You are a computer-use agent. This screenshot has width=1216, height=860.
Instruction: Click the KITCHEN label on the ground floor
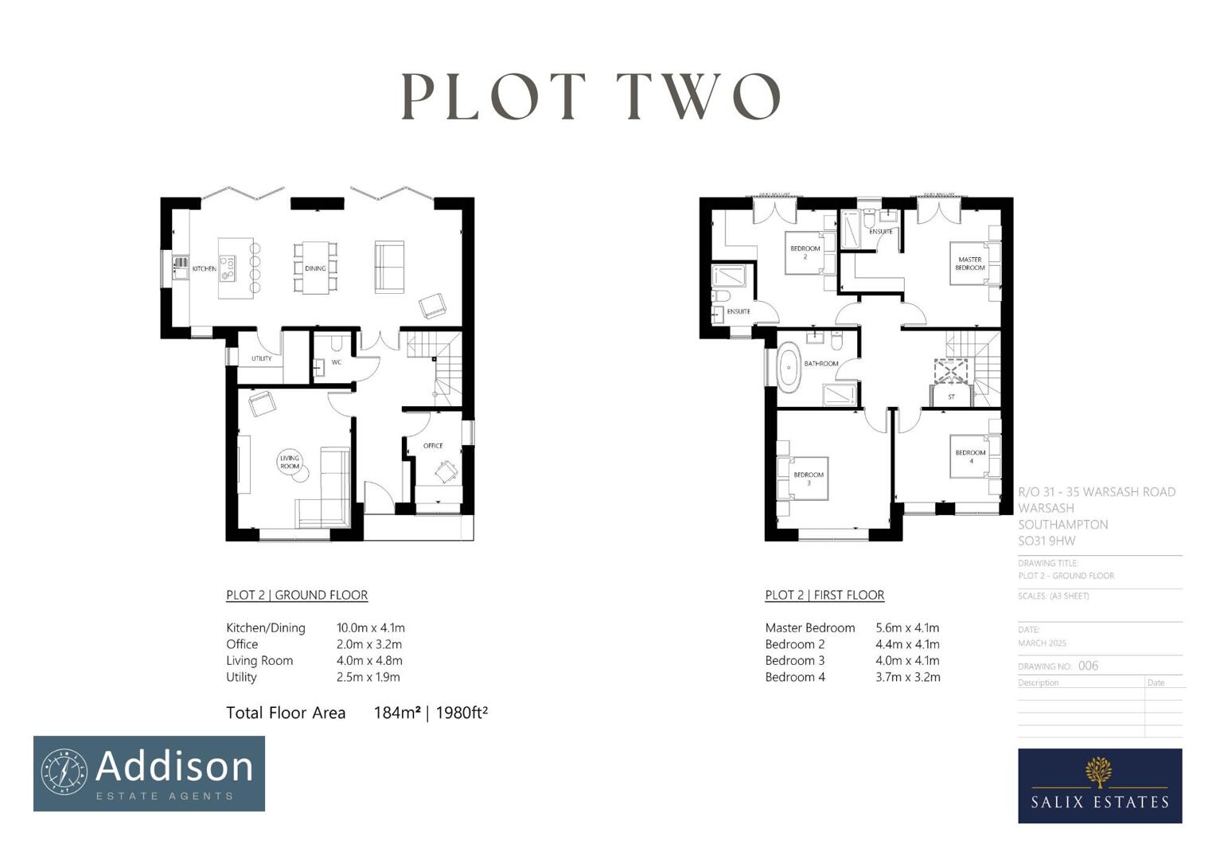click(204, 269)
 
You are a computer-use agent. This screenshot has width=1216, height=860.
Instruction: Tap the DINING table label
click(315, 268)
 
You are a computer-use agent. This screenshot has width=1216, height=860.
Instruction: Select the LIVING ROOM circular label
click(290, 462)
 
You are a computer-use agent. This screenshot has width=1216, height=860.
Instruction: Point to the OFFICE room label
click(433, 446)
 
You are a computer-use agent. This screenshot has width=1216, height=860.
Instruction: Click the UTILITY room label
click(261, 358)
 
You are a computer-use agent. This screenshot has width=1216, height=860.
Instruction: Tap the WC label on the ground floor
click(336, 362)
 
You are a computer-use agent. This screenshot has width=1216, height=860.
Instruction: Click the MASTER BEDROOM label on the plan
click(969, 264)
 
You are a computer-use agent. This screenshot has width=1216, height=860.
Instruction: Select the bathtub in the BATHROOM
click(789, 367)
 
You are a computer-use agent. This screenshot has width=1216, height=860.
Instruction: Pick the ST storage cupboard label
click(951, 397)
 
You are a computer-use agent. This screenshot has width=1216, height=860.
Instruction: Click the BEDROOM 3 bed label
click(809, 479)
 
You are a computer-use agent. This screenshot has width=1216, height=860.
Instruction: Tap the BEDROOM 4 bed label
click(970, 456)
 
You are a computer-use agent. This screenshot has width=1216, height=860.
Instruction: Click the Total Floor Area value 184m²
click(396, 713)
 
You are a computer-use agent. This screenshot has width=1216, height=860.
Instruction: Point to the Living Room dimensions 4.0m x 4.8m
click(369, 660)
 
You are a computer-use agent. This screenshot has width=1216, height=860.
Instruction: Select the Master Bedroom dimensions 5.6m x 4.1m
click(907, 627)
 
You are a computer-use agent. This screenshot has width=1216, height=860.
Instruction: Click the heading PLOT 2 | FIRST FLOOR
click(824, 595)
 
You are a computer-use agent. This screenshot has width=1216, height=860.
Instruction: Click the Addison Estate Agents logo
click(149, 773)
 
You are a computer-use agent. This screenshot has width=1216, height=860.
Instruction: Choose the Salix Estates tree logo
click(1099, 772)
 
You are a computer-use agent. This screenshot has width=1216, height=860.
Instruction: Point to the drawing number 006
click(1088, 666)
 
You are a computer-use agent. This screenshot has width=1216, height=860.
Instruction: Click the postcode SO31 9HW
click(1046, 541)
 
